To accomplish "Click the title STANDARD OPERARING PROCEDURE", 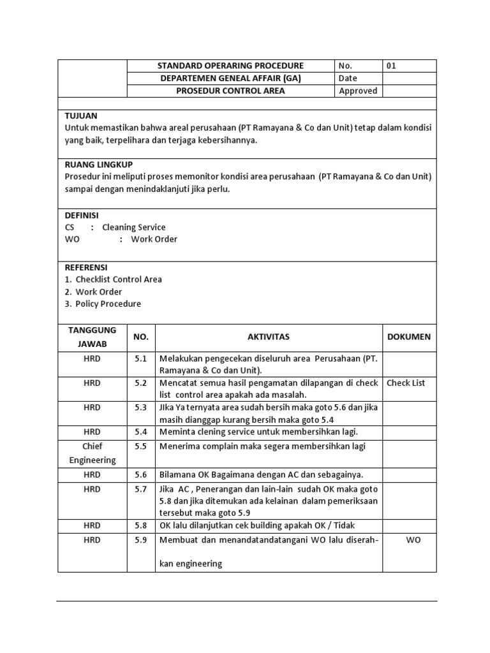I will [x=231, y=66].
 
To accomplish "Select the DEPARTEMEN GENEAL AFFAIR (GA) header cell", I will [x=231, y=78].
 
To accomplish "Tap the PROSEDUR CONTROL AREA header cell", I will [x=231, y=91].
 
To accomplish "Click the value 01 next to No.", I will [x=392, y=66].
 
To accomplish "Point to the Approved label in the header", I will [x=358, y=91].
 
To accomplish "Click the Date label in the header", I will [x=348, y=78].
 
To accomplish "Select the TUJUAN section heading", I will [x=81, y=115].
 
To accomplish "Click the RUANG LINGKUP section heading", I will [x=99, y=165].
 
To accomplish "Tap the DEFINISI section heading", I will [x=82, y=215].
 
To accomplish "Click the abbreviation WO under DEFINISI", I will [x=71, y=239].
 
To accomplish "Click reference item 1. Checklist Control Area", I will [x=113, y=279].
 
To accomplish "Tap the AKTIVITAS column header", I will [x=269, y=337].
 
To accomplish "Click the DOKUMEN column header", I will [x=409, y=337].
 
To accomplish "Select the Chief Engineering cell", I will [x=92, y=453].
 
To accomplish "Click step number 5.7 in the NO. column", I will [x=140, y=489].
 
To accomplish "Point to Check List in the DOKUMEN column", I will [x=406, y=383].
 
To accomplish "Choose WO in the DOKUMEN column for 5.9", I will [x=413, y=540].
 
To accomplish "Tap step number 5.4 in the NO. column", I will [x=140, y=432].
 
